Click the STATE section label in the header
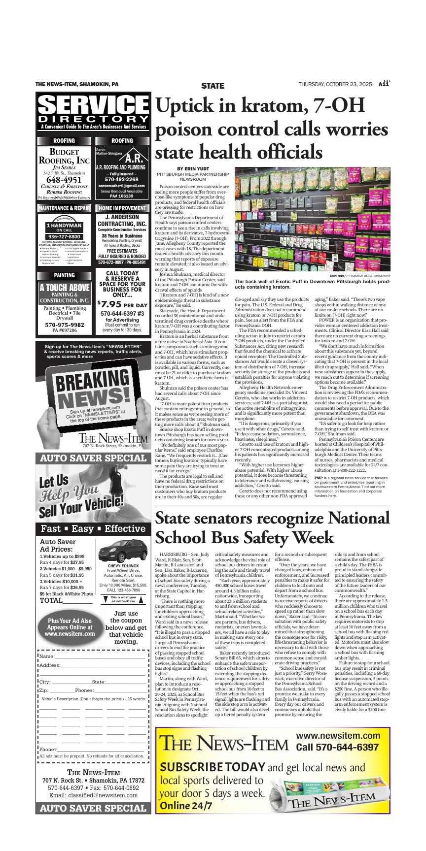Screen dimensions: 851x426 (x=213, y=85)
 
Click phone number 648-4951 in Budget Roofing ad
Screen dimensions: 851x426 (x=64, y=180)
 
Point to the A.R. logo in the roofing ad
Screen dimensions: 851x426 (x=134, y=158)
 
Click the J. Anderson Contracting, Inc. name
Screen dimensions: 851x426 (x=122, y=221)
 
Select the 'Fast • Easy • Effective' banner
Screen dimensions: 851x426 (x=93, y=529)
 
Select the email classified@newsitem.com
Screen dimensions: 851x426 (x=93, y=795)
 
